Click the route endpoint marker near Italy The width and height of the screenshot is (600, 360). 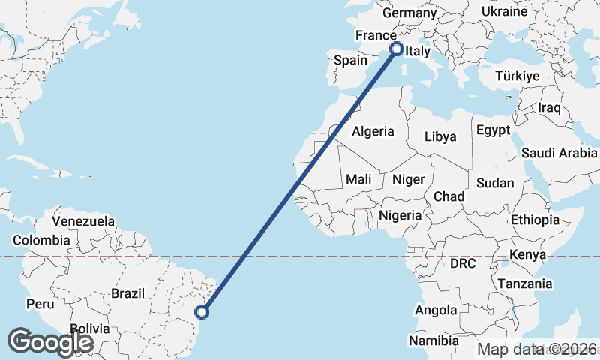397,49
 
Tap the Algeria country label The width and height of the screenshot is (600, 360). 373,131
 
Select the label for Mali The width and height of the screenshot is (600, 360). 358,179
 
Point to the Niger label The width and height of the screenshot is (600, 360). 409,179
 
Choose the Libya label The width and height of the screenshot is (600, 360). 439,136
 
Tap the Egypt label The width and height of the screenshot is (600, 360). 493,130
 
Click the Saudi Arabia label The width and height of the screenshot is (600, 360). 559,154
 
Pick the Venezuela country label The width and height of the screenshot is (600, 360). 83,222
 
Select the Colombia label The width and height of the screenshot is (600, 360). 41,241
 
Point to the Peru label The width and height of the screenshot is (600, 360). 40,304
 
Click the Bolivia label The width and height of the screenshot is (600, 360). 90,328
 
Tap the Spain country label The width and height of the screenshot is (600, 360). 350,60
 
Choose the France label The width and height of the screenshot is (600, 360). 376,36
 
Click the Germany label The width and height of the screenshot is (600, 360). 409,13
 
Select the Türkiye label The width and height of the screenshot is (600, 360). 517,76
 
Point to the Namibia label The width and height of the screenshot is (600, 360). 433,340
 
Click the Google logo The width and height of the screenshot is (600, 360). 50,342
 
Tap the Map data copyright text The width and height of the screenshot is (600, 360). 538,349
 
